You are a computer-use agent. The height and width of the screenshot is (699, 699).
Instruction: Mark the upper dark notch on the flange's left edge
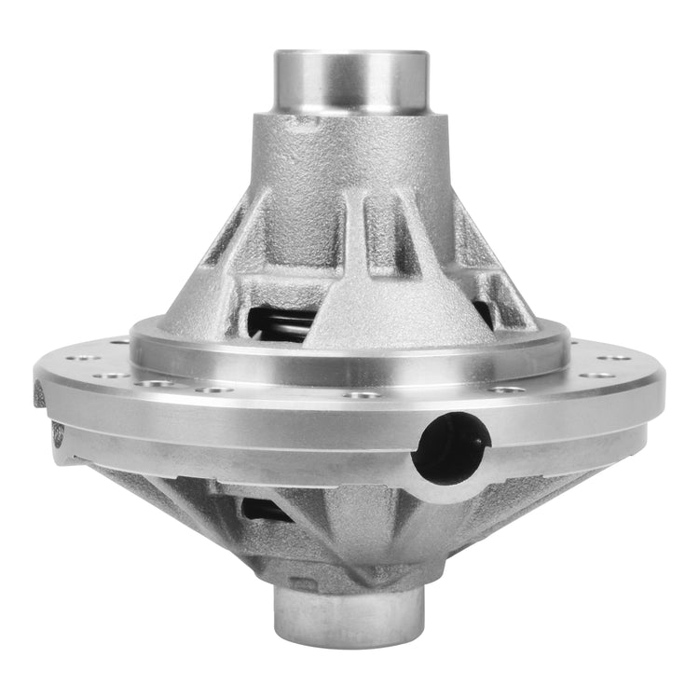click(39, 396)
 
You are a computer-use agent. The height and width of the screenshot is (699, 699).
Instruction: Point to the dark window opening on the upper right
click(483, 312)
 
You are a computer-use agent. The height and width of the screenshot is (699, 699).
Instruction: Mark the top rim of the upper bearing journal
click(350, 54)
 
